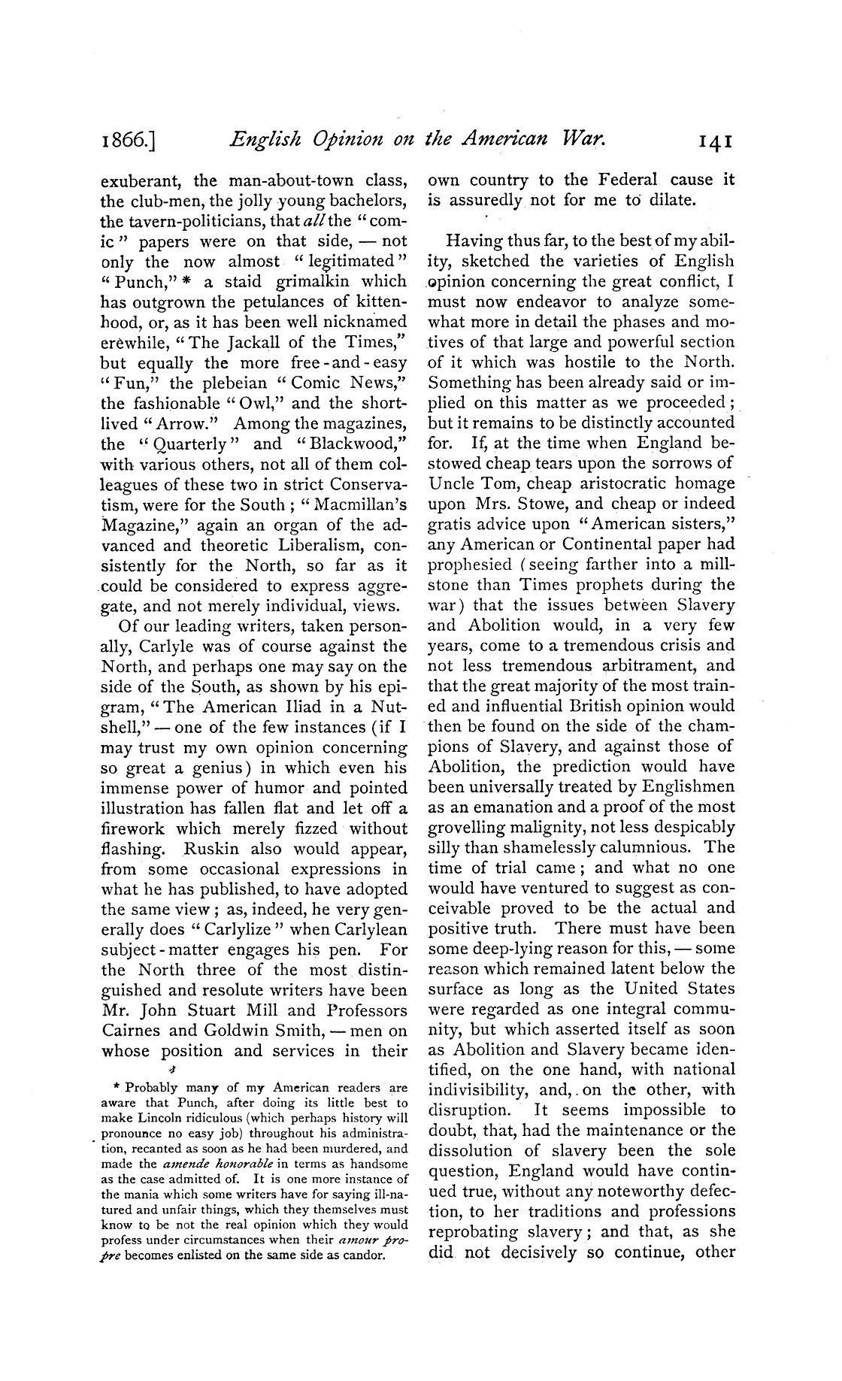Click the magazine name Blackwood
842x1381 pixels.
(x=359, y=444)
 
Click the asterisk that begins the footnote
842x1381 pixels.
(x=117, y=1087)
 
